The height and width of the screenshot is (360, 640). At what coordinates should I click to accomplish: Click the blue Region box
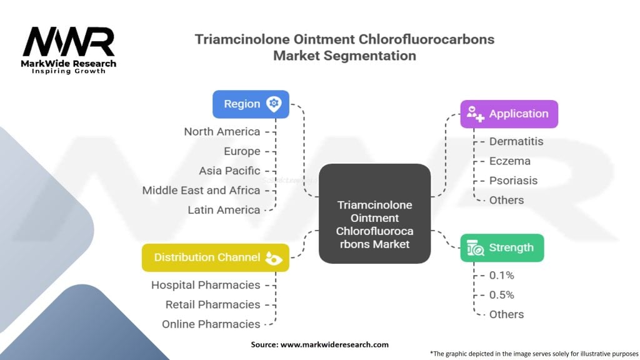(x=251, y=104)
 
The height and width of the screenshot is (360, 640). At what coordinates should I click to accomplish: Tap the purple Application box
(x=509, y=114)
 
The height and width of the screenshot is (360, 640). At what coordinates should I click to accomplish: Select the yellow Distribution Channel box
(x=215, y=257)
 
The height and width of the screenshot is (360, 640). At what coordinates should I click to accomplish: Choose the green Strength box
(x=502, y=247)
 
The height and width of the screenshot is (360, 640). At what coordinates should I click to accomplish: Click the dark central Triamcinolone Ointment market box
(x=374, y=213)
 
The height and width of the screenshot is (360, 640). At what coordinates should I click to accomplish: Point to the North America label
(x=222, y=131)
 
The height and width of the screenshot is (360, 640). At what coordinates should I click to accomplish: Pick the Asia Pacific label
(x=229, y=171)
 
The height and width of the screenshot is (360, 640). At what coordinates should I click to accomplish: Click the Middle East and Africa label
(x=201, y=190)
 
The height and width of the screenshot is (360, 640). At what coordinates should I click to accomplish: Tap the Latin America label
(x=224, y=210)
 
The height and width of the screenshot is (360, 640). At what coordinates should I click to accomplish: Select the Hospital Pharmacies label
(x=206, y=285)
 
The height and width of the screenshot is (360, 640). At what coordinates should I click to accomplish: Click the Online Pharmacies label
(x=211, y=324)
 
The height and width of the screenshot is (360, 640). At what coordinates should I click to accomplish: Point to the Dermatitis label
(x=516, y=141)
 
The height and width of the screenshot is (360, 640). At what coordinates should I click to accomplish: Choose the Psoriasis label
(x=513, y=181)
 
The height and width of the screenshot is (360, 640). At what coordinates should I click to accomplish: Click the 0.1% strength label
(x=502, y=275)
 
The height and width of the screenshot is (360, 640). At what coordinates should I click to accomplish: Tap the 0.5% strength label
(x=502, y=294)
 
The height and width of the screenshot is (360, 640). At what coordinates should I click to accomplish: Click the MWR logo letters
(x=69, y=42)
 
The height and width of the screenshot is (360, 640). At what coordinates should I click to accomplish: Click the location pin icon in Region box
(x=273, y=104)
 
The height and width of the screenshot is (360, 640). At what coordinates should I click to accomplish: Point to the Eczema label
(x=509, y=161)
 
